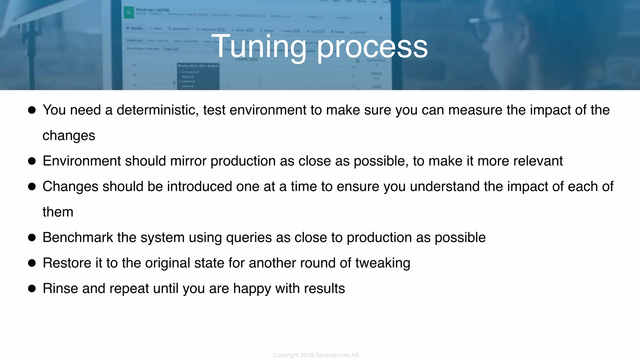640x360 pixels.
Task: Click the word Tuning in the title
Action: pos(259,47)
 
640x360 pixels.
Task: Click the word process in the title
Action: pos(372,47)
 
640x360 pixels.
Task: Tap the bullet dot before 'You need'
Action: pos(32,110)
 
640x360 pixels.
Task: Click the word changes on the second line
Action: pos(69,136)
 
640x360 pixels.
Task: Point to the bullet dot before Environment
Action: pos(32,161)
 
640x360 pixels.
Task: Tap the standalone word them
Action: pos(58,212)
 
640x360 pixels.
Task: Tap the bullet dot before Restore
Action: pos(32,263)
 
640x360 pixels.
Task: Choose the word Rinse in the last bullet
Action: pos(60,288)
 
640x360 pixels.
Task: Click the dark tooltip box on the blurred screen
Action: pos(198,76)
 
